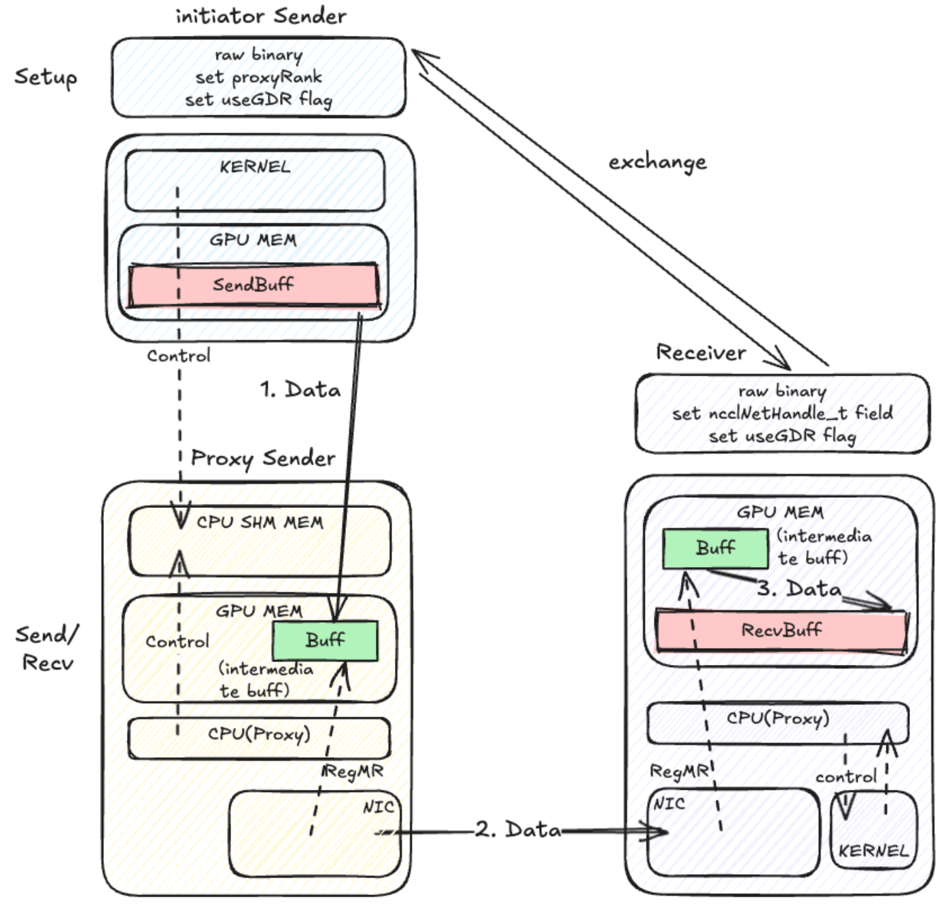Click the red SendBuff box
click(x=253, y=285)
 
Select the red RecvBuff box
click(x=781, y=631)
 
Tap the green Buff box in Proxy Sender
click(x=325, y=640)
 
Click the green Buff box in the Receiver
click(x=715, y=548)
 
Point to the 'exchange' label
click(x=657, y=162)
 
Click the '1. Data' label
click(x=300, y=390)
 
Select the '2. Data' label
click(x=518, y=829)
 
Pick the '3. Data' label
click(x=799, y=588)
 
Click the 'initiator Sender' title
click(x=261, y=16)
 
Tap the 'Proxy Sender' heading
click(x=263, y=458)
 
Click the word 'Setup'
click(x=46, y=77)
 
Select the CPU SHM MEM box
click(x=260, y=541)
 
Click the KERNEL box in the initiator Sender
click(x=255, y=180)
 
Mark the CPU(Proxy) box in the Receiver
click(x=777, y=722)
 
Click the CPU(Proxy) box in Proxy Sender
click(x=259, y=737)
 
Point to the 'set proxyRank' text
click(x=258, y=77)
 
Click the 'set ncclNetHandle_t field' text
click(x=782, y=413)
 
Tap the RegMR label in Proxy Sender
click(x=353, y=772)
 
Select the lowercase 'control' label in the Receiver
click(x=846, y=776)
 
